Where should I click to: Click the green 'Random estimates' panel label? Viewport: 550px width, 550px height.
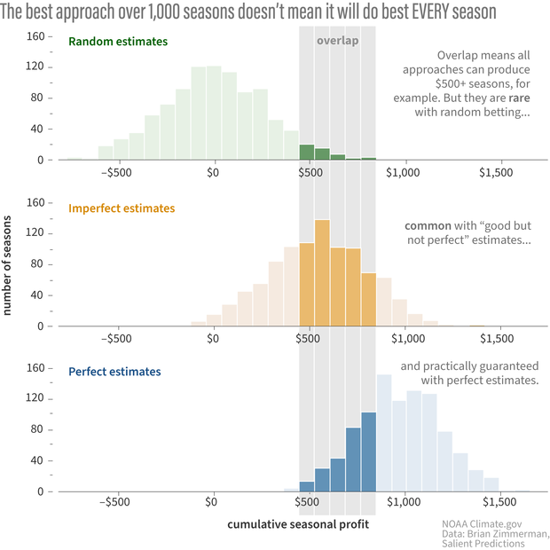(x=118, y=42)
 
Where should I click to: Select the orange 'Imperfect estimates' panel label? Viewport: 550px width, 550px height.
(x=122, y=208)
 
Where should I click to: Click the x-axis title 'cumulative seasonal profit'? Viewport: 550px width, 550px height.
(x=298, y=524)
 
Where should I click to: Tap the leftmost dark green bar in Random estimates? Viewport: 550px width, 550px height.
(x=307, y=152)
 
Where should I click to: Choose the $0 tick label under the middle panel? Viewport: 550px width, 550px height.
(x=213, y=338)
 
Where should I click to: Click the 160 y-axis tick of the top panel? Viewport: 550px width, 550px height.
(x=35, y=36)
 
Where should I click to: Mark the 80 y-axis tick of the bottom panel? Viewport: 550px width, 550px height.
(x=39, y=430)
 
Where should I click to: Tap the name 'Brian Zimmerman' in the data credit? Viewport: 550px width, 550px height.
(x=509, y=534)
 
